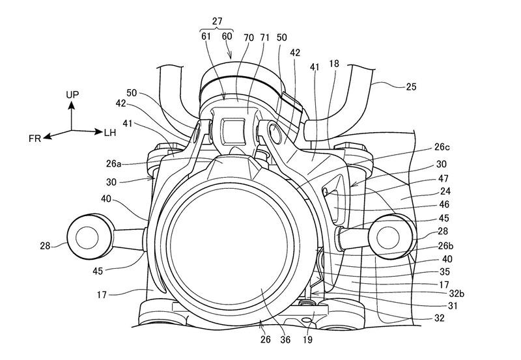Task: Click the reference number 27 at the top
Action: [217, 21]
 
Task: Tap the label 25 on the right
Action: [411, 87]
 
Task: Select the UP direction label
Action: [72, 94]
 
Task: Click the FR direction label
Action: [35, 139]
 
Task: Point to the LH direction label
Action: [110, 133]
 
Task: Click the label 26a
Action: [113, 163]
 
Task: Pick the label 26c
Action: [442, 146]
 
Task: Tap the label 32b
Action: [457, 293]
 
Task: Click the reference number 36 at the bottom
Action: [285, 339]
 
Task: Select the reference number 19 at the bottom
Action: [307, 339]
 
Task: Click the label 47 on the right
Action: [444, 178]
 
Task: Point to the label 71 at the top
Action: [265, 38]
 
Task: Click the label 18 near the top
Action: [334, 63]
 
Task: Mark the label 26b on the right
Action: [445, 246]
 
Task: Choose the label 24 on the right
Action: [445, 191]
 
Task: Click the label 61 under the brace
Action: [206, 36]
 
